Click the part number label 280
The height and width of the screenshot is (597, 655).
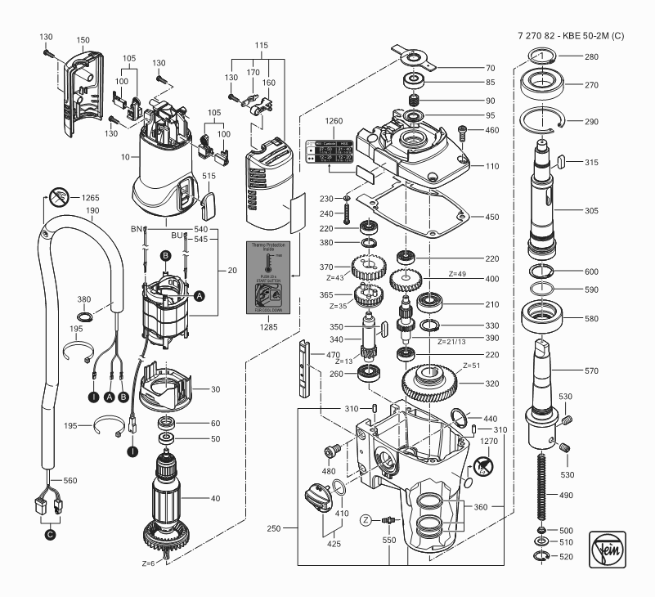(590, 57)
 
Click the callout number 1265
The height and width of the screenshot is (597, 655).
(92, 198)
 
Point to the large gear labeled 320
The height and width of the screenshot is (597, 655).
(434, 380)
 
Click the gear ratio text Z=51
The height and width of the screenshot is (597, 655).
(473, 365)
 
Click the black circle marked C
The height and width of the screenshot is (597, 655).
(51, 535)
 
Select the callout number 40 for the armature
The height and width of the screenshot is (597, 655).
(216, 498)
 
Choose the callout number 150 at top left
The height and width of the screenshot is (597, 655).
(83, 39)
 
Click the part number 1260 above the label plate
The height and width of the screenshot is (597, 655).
(334, 120)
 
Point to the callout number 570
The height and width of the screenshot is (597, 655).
(591, 370)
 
